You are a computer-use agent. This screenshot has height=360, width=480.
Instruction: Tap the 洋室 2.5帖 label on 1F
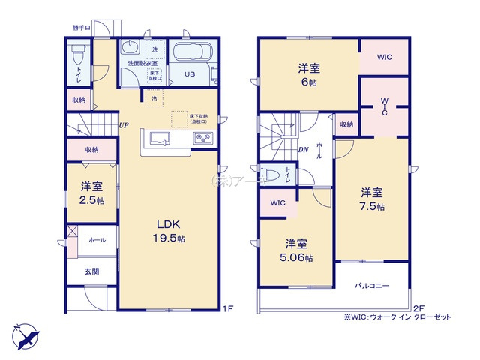point(91,193)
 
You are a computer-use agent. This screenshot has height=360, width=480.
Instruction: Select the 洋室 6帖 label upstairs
point(308,73)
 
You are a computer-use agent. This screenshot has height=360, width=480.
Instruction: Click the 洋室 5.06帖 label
point(296,250)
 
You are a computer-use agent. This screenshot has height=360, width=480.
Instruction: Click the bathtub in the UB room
point(193,53)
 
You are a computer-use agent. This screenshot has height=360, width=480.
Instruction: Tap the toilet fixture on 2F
point(272,174)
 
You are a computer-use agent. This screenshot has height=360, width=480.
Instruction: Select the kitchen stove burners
point(202,137)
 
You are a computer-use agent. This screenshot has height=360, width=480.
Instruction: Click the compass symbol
point(24,332)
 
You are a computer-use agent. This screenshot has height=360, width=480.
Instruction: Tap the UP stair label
point(121,126)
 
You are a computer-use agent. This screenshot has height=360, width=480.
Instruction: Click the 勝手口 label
point(82,28)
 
